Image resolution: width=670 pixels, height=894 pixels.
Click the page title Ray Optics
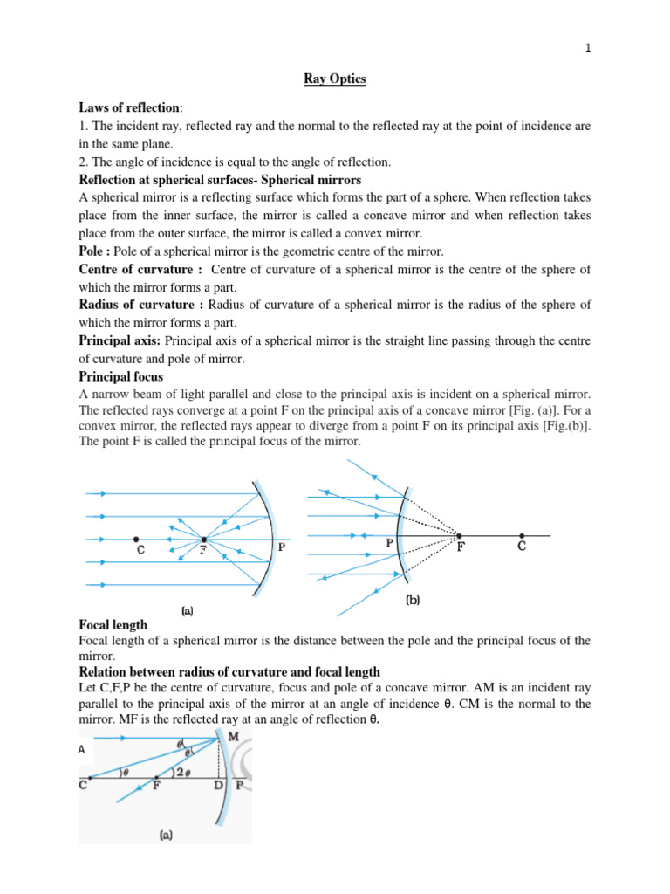(x=334, y=80)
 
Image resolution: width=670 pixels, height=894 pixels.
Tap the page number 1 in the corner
(x=590, y=49)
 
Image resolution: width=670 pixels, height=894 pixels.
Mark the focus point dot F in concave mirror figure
(x=203, y=540)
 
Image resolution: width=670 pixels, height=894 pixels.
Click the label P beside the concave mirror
(x=281, y=547)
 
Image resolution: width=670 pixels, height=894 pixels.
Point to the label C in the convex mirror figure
(x=522, y=547)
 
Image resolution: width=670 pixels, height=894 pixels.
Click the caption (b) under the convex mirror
(x=414, y=602)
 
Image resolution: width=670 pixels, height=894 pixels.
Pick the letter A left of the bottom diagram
(x=83, y=749)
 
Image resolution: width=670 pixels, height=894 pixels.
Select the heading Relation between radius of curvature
(x=229, y=671)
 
